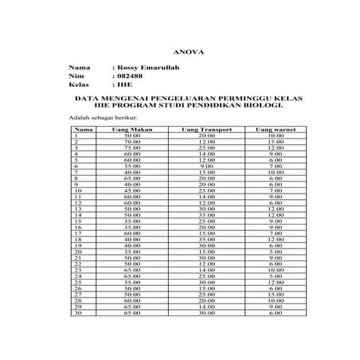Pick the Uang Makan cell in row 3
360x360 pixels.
coord(132,148)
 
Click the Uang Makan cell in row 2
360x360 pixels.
coord(132,142)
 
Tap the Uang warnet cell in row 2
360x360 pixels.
coord(276,142)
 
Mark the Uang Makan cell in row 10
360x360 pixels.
coord(132,190)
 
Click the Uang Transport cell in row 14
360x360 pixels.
coord(206,214)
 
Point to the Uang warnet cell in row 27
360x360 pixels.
coord(276,294)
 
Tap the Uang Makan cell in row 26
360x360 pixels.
coord(132,288)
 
